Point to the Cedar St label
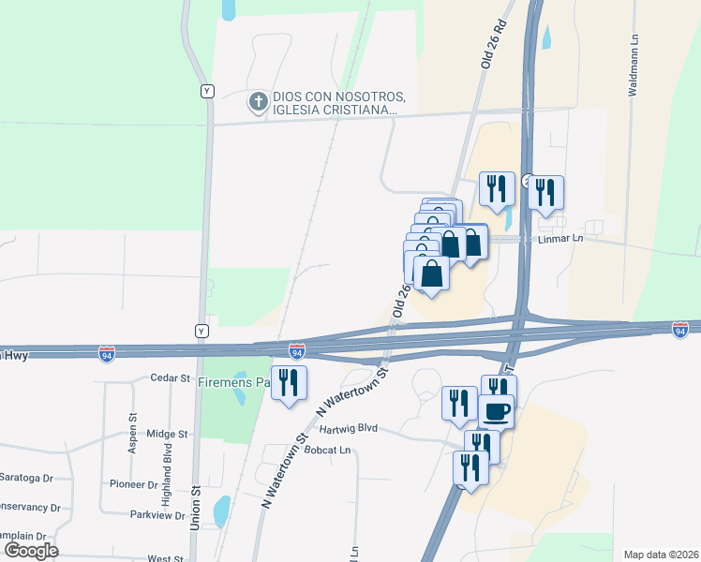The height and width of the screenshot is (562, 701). coord(170,377)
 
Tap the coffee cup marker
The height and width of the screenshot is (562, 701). coord(496,410)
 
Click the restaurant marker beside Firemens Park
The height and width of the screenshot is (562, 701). coord(289,382)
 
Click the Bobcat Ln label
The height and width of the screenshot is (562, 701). coord(333,451)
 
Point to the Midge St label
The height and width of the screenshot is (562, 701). coord(168,435)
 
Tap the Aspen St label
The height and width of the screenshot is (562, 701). coord(132,434)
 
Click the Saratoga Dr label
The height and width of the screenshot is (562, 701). coord(26,478)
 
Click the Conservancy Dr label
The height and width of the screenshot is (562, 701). coord(28,508)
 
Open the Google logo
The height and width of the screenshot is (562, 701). coord(30,551)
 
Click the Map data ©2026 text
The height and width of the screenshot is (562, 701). coord(660,554)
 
